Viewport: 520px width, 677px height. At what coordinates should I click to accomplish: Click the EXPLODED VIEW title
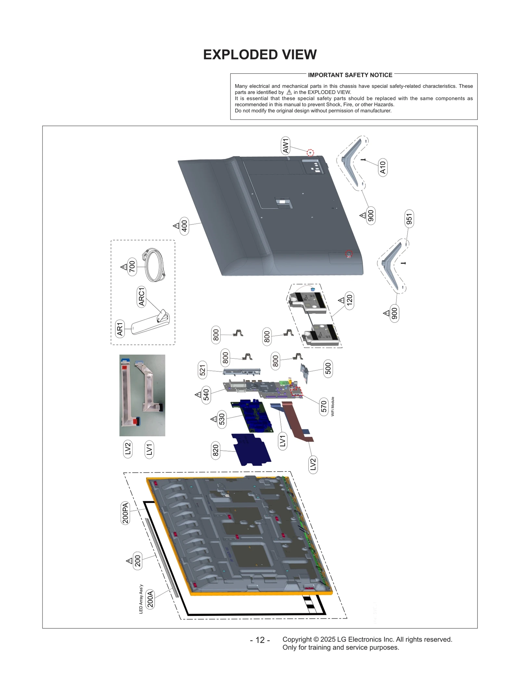point(260,55)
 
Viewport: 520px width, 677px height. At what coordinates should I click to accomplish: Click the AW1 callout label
point(285,146)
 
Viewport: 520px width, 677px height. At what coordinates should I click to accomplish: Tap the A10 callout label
point(383,168)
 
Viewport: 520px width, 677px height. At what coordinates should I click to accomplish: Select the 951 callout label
point(409,219)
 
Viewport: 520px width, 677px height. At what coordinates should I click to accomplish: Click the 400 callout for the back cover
point(184,226)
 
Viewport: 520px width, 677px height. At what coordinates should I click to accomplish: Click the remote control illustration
point(150,324)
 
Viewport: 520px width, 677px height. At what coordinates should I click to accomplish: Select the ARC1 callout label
point(141,297)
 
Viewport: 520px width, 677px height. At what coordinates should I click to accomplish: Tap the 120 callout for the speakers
point(349,300)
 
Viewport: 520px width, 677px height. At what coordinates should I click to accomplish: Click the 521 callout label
point(202,370)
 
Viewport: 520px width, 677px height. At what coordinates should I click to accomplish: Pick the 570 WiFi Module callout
point(324,406)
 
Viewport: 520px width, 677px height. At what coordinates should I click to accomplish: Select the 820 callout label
point(215,450)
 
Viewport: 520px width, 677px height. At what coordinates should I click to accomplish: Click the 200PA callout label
point(125,513)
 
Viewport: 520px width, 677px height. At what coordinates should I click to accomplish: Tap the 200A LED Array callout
point(150,599)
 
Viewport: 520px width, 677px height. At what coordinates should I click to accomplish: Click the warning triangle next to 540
point(198,395)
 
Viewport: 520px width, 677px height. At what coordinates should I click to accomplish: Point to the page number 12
point(260,640)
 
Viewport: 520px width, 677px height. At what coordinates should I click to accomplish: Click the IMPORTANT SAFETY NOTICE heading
point(350,75)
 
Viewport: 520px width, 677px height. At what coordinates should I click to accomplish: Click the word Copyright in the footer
point(297,639)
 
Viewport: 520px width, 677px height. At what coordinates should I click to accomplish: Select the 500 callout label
point(328,368)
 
